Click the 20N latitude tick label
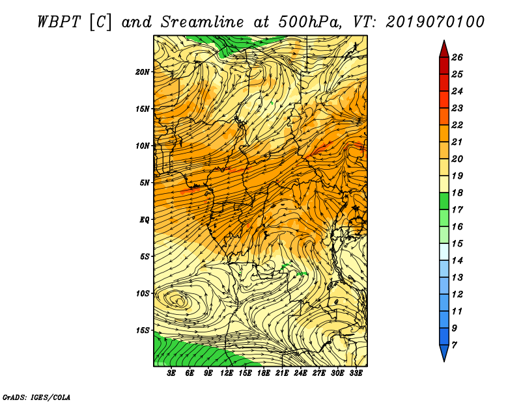coord(142,72)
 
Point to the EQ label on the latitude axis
coord(144,220)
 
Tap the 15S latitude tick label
coord(143,330)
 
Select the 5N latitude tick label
coord(145,183)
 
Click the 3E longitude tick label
coord(171,373)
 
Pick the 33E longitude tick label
coord(356,373)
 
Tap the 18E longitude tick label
coord(264,373)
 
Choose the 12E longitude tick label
coord(227,373)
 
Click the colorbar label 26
coord(457,57)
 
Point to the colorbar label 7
coord(454,345)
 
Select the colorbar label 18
coord(457,193)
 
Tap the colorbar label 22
coord(457,125)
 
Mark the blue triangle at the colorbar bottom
coord(444,352)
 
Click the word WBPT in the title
coord(59,22)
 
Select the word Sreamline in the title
coord(203,22)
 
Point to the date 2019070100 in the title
coord(435,22)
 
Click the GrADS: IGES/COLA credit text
coord(36,397)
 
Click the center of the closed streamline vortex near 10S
coord(180,301)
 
